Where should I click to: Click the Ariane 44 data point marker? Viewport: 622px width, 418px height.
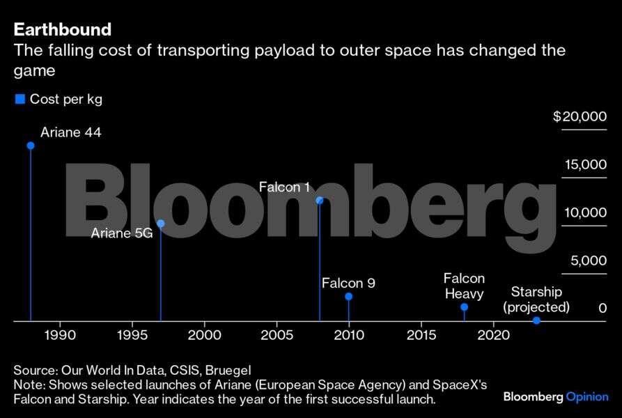[31, 146]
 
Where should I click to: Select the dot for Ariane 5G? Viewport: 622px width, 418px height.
[161, 224]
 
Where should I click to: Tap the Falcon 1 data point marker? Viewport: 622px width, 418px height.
[320, 201]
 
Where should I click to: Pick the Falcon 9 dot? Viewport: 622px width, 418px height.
[348, 297]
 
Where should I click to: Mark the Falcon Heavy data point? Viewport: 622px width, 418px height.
[464, 307]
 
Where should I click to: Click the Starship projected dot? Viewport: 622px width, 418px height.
[536, 320]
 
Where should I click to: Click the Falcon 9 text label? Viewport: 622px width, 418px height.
[348, 283]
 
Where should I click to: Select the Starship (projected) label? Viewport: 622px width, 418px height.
[536, 300]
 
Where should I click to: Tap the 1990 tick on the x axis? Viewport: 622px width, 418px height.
[60, 335]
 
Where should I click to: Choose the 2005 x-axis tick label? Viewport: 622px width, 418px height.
[277, 335]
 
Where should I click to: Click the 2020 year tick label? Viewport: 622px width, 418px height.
[493, 335]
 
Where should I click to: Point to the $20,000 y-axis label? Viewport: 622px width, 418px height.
[580, 117]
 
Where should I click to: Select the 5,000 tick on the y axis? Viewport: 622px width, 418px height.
[589, 261]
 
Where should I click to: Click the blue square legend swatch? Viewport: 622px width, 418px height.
[20, 99]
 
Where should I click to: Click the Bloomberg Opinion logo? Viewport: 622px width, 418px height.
[555, 396]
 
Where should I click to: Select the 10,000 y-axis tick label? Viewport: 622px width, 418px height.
[585, 212]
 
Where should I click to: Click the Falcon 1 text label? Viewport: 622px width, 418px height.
[284, 187]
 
